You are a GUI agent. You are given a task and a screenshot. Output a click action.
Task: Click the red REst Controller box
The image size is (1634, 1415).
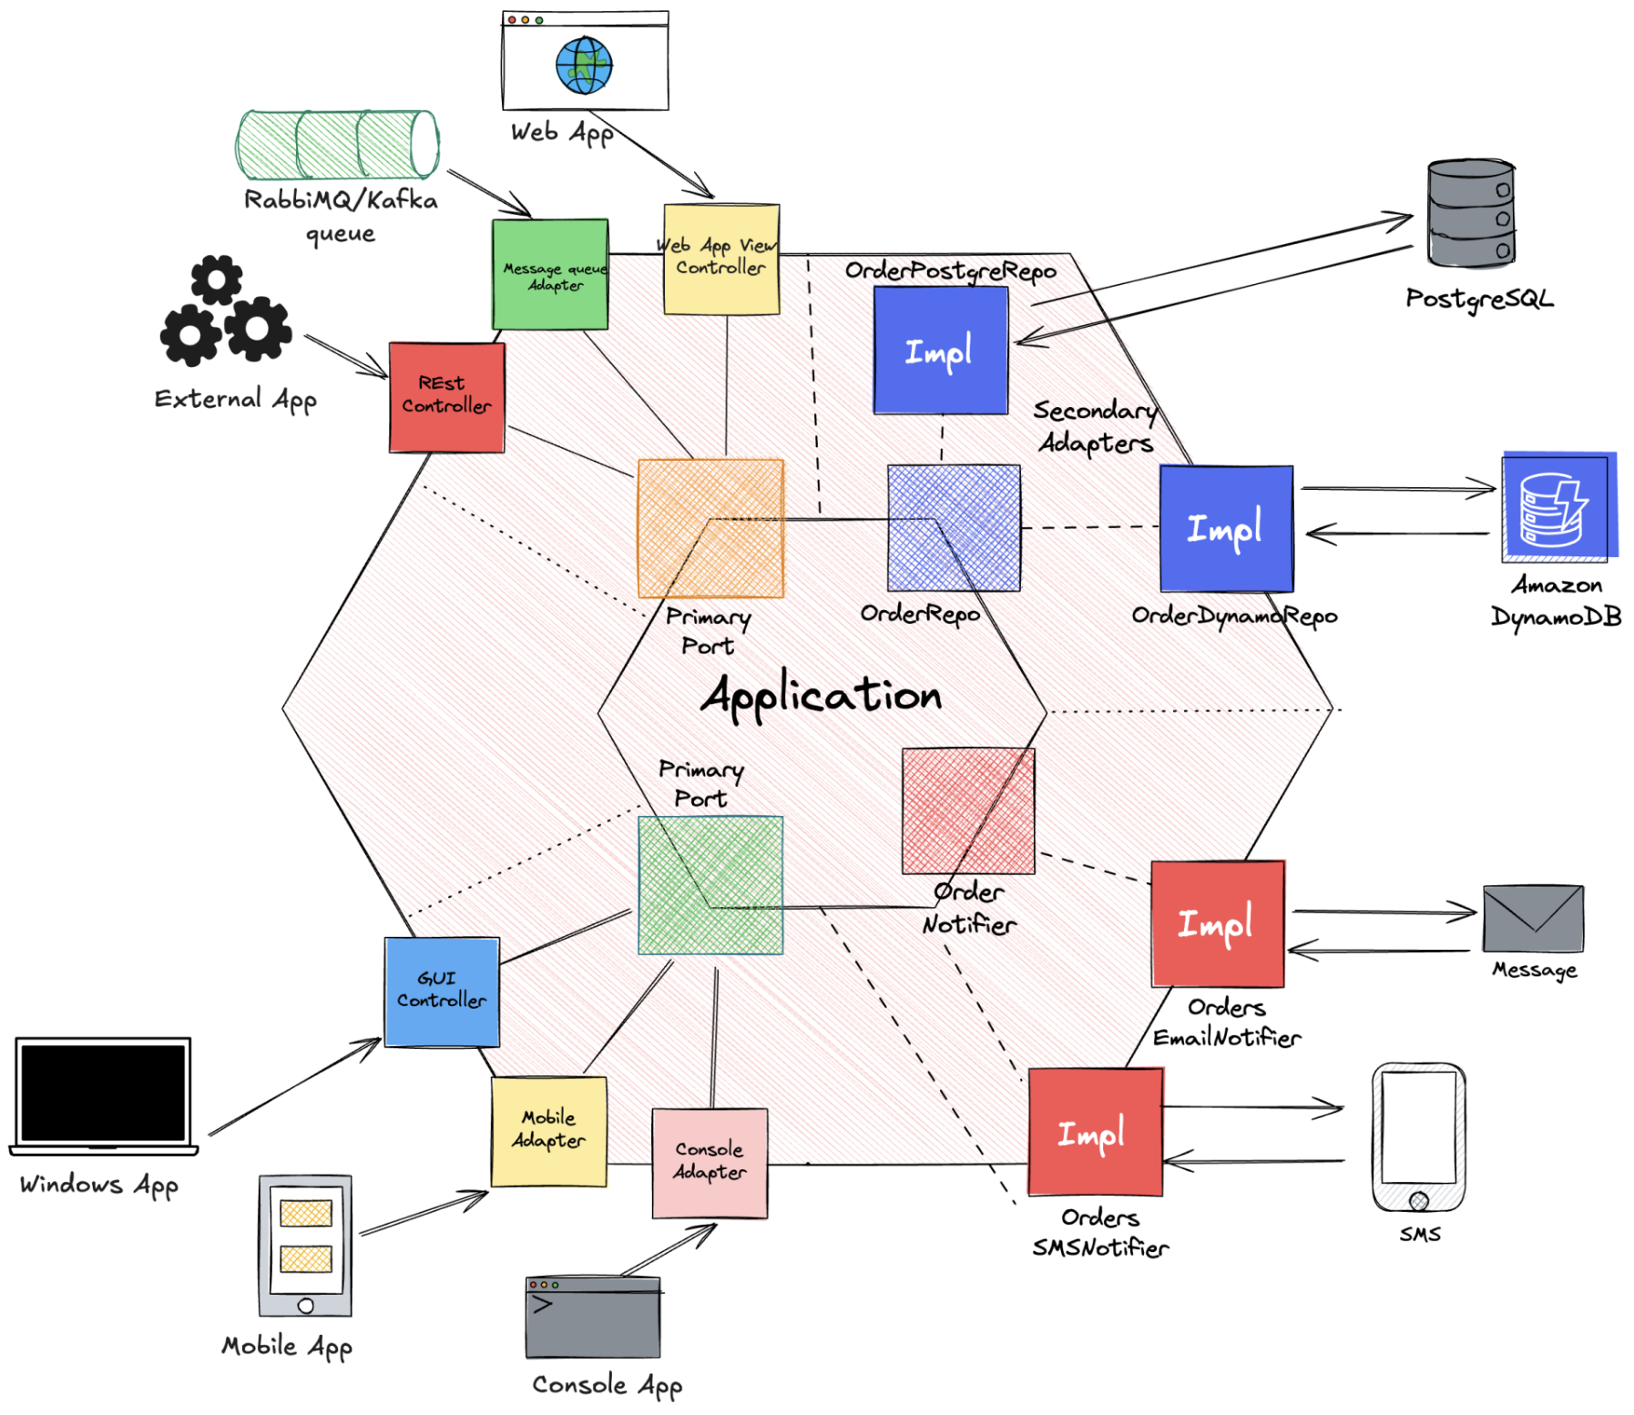pyautogui.click(x=446, y=397)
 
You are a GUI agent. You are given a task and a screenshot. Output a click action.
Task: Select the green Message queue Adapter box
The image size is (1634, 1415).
pyautogui.click(x=550, y=274)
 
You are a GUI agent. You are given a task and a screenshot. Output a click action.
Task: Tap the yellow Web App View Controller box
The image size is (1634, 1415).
pyautogui.click(x=721, y=260)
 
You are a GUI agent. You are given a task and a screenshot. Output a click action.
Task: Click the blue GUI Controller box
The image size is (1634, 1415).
pyautogui.click(x=442, y=992)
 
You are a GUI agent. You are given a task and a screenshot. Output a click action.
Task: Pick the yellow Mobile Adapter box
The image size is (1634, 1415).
pyautogui.click(x=548, y=1131)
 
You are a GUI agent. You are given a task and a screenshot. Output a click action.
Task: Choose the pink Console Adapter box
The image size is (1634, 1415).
pyautogui.click(x=710, y=1163)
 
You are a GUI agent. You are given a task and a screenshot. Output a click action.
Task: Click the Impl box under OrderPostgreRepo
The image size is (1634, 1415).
pyautogui.click(x=940, y=351)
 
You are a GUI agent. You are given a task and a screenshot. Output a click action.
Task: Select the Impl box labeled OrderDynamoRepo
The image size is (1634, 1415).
pyautogui.click(x=1226, y=528)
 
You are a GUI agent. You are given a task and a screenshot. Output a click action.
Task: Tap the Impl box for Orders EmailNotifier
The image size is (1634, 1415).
pyautogui.click(x=1218, y=923)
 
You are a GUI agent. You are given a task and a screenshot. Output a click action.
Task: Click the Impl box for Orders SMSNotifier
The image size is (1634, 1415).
pyautogui.click(x=1095, y=1132)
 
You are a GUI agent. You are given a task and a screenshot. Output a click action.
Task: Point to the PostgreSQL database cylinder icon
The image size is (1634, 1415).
pyautogui.click(x=1470, y=214)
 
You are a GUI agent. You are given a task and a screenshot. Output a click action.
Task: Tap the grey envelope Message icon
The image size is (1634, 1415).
pyautogui.click(x=1533, y=919)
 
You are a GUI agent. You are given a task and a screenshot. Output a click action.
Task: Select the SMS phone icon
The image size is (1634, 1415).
pyautogui.click(x=1418, y=1137)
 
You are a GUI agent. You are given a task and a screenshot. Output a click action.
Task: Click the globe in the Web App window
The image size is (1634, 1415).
pyautogui.click(x=584, y=66)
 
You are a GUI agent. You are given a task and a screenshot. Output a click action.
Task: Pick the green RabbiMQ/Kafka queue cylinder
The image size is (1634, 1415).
pyautogui.click(x=337, y=144)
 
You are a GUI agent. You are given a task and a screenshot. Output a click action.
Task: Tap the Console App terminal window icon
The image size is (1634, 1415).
pyautogui.click(x=593, y=1317)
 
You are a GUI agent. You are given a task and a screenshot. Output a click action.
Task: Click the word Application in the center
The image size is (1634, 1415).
pyautogui.click(x=821, y=696)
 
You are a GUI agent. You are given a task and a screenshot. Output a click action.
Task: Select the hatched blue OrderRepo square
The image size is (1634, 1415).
pyautogui.click(x=954, y=527)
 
